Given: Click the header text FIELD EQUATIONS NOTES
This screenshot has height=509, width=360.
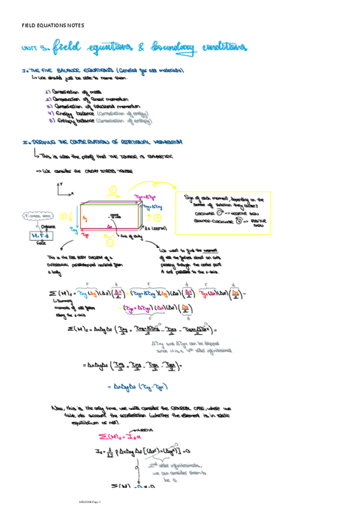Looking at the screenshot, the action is [x=53, y=26].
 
